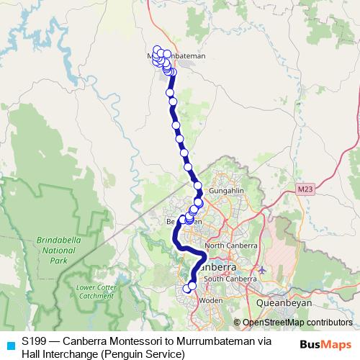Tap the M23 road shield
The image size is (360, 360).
click(x=305, y=189)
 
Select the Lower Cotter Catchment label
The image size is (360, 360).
click(x=94, y=291)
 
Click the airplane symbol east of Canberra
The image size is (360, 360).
click(x=261, y=271)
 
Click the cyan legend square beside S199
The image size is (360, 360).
click(x=9, y=343)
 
